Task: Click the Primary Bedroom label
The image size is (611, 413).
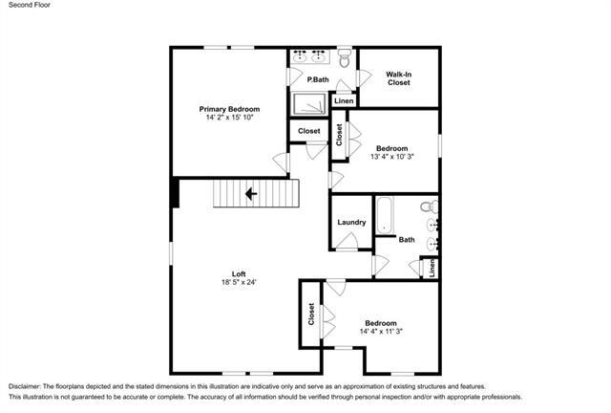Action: pos(229,109)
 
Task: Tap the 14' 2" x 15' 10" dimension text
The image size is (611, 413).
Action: pos(229,119)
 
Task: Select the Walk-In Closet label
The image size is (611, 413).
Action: pos(398,78)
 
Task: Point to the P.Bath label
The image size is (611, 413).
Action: pos(318,79)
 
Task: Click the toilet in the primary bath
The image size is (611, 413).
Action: pos(346,58)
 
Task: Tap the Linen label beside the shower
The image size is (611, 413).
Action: pos(344,101)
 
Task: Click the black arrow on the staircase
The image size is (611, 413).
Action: pos(252,194)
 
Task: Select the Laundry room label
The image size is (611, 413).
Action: pos(351,223)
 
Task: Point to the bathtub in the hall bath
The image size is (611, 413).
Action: pos(385,214)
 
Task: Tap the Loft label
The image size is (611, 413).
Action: pos(240,273)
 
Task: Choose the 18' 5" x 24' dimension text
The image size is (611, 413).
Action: pos(240,283)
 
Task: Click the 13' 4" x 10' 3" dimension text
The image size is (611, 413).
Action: pos(391,157)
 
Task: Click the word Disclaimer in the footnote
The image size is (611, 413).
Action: pos(30,383)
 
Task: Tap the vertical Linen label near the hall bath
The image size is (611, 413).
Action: pos(432,269)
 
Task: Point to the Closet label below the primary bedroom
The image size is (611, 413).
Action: pos(308,131)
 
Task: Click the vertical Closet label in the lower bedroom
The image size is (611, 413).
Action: pos(311,315)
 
